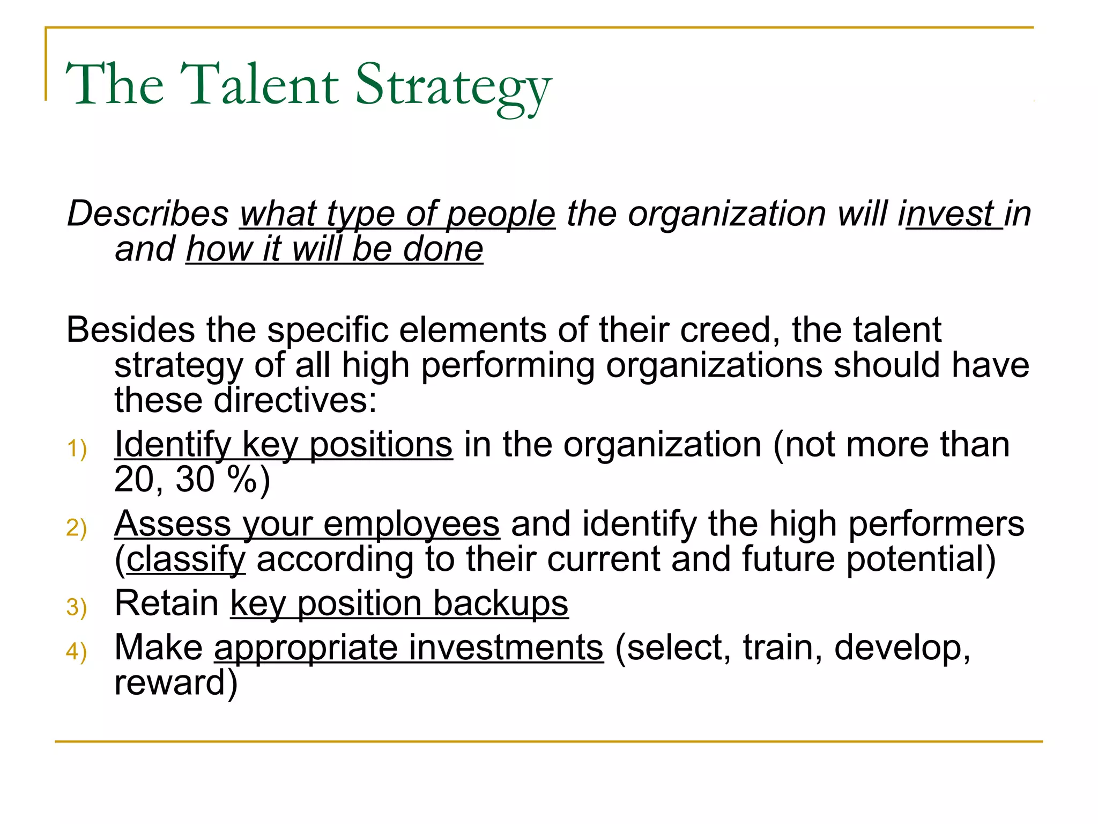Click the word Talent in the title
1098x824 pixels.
click(x=259, y=84)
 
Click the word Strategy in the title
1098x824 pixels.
click(x=453, y=86)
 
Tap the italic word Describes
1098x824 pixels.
click(x=148, y=214)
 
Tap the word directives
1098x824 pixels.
click(x=295, y=400)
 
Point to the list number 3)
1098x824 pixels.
click(x=77, y=607)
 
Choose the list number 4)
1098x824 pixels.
click(x=77, y=651)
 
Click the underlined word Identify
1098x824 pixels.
click(x=173, y=445)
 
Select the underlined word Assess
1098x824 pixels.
click(x=172, y=524)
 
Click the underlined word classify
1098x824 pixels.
click(x=186, y=560)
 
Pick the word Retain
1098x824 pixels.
click(x=167, y=603)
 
